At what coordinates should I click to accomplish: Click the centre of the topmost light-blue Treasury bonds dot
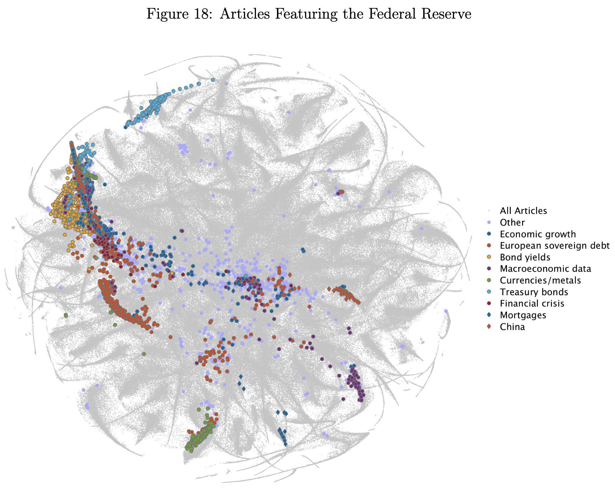213,80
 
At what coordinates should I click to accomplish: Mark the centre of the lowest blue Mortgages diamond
285,445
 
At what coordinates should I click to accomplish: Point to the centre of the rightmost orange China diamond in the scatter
358,303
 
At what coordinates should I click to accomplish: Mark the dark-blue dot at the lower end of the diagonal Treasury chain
126,127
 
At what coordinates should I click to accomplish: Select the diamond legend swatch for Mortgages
489,315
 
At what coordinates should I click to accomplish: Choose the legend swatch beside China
489,327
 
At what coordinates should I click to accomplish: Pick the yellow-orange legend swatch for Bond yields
489,257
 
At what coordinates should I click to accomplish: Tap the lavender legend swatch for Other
489,223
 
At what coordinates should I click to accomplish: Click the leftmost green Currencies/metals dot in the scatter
66,315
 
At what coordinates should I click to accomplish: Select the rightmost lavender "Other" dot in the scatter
446,311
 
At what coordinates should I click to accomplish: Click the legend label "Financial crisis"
532,304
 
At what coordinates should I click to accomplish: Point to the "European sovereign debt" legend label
555,246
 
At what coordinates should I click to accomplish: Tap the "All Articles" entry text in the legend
523,211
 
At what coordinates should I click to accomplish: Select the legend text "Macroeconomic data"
545,269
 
